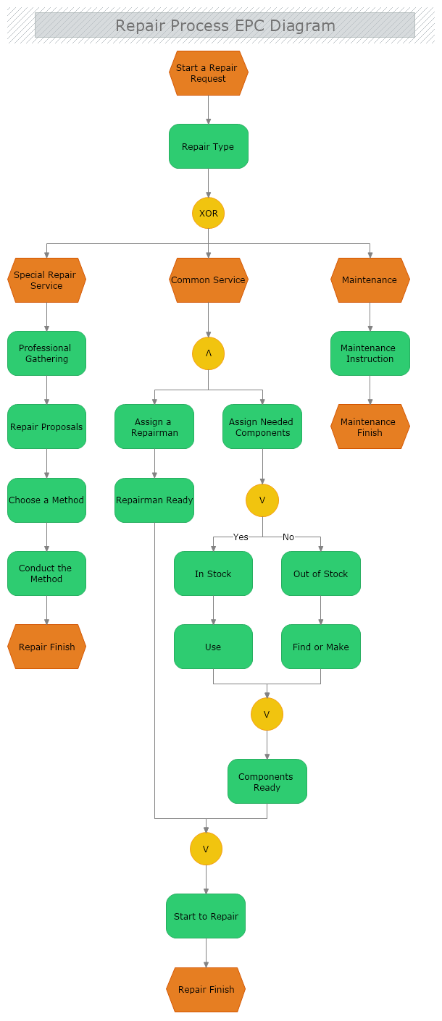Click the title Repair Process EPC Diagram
pos(225,26)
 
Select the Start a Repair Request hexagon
pos(209,73)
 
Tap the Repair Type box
pos(209,146)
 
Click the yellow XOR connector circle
pos(209,214)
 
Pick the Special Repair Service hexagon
pos(47,280)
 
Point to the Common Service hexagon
pos(209,280)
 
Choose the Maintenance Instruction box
pos(370,353)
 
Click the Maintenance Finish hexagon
pos(370,427)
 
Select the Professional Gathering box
pos(47,353)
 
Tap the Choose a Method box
pos(47,500)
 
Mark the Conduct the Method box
pos(47,573)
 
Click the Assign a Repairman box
pos(154,427)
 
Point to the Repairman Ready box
pos(154,500)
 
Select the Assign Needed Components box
pos(262,427)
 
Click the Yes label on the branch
pos(241,537)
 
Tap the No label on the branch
pos(288,537)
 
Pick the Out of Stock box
pos(321,573)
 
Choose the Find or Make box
pos(321,647)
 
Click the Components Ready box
pos(267,781)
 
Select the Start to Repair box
pos(206,916)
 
